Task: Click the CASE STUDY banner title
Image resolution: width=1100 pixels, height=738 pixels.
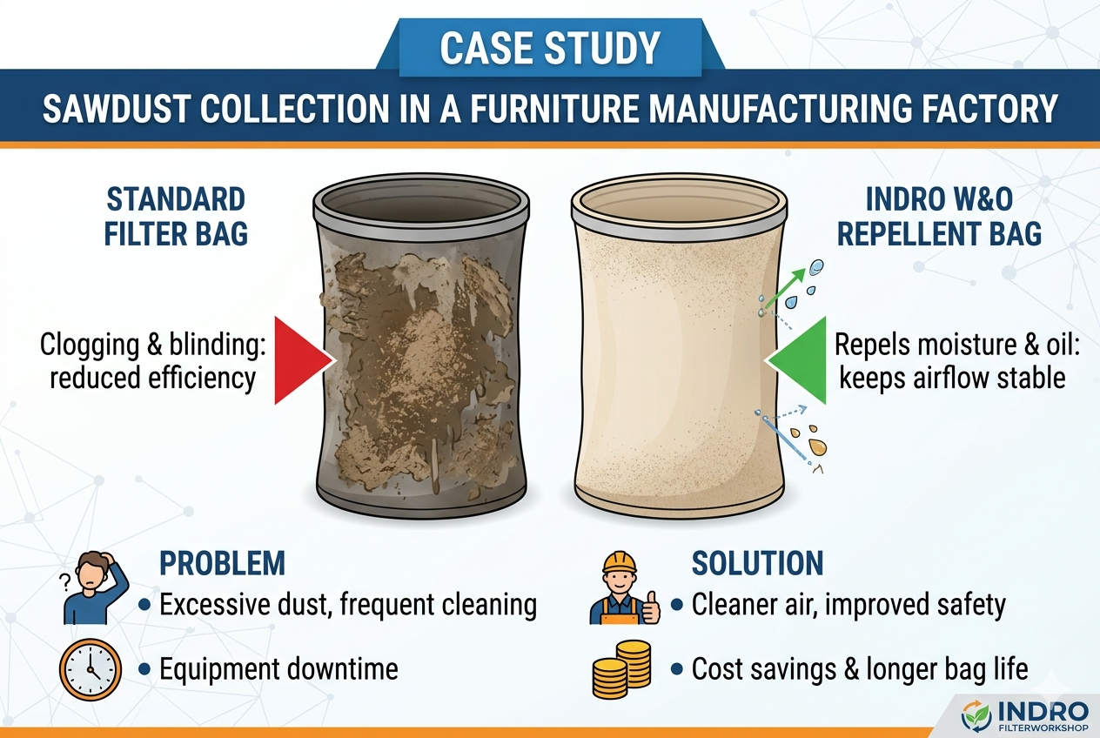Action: tap(549, 48)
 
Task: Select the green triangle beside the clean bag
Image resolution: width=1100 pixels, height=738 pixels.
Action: tap(796, 360)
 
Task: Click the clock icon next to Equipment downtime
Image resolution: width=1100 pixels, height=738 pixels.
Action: tap(90, 668)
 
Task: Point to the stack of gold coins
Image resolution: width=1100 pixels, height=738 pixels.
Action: tap(621, 668)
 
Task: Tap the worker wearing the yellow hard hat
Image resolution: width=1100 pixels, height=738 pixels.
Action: tap(624, 587)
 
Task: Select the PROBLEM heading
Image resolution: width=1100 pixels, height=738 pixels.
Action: tap(222, 563)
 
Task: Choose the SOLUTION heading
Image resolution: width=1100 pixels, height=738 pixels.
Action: tap(757, 563)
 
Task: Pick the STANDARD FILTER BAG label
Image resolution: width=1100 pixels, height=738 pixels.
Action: tap(175, 216)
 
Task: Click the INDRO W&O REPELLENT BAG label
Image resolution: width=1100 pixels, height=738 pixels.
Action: tap(939, 216)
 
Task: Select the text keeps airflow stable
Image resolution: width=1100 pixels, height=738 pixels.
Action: tap(953, 378)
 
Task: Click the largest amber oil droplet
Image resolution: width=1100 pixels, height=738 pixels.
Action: tap(818, 446)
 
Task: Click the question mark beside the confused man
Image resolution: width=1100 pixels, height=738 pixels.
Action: tap(64, 582)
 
